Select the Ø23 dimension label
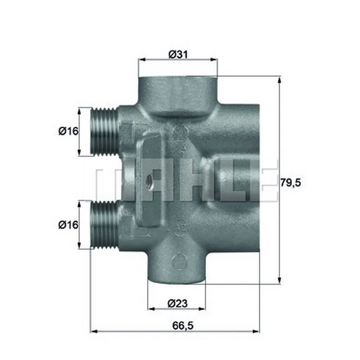click(177, 304)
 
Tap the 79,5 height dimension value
click(290, 183)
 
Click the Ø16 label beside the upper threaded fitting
click(68, 131)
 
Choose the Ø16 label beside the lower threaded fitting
click(68, 225)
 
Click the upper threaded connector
click(103, 131)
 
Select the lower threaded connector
click(103, 225)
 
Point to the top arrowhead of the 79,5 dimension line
click(279, 80)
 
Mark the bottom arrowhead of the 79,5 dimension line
click(279, 281)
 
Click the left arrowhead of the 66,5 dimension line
click(93, 331)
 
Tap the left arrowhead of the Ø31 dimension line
click(141, 60)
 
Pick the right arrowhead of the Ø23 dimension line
click(202, 309)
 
